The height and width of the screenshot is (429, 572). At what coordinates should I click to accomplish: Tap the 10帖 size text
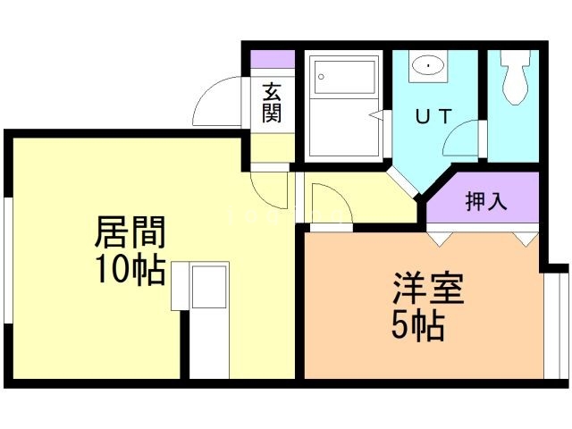point(130,269)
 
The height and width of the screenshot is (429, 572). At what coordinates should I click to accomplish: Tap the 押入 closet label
point(486,201)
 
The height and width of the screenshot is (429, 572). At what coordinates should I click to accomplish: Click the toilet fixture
point(517,80)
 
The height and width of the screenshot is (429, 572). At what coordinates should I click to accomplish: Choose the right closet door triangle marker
point(523,239)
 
